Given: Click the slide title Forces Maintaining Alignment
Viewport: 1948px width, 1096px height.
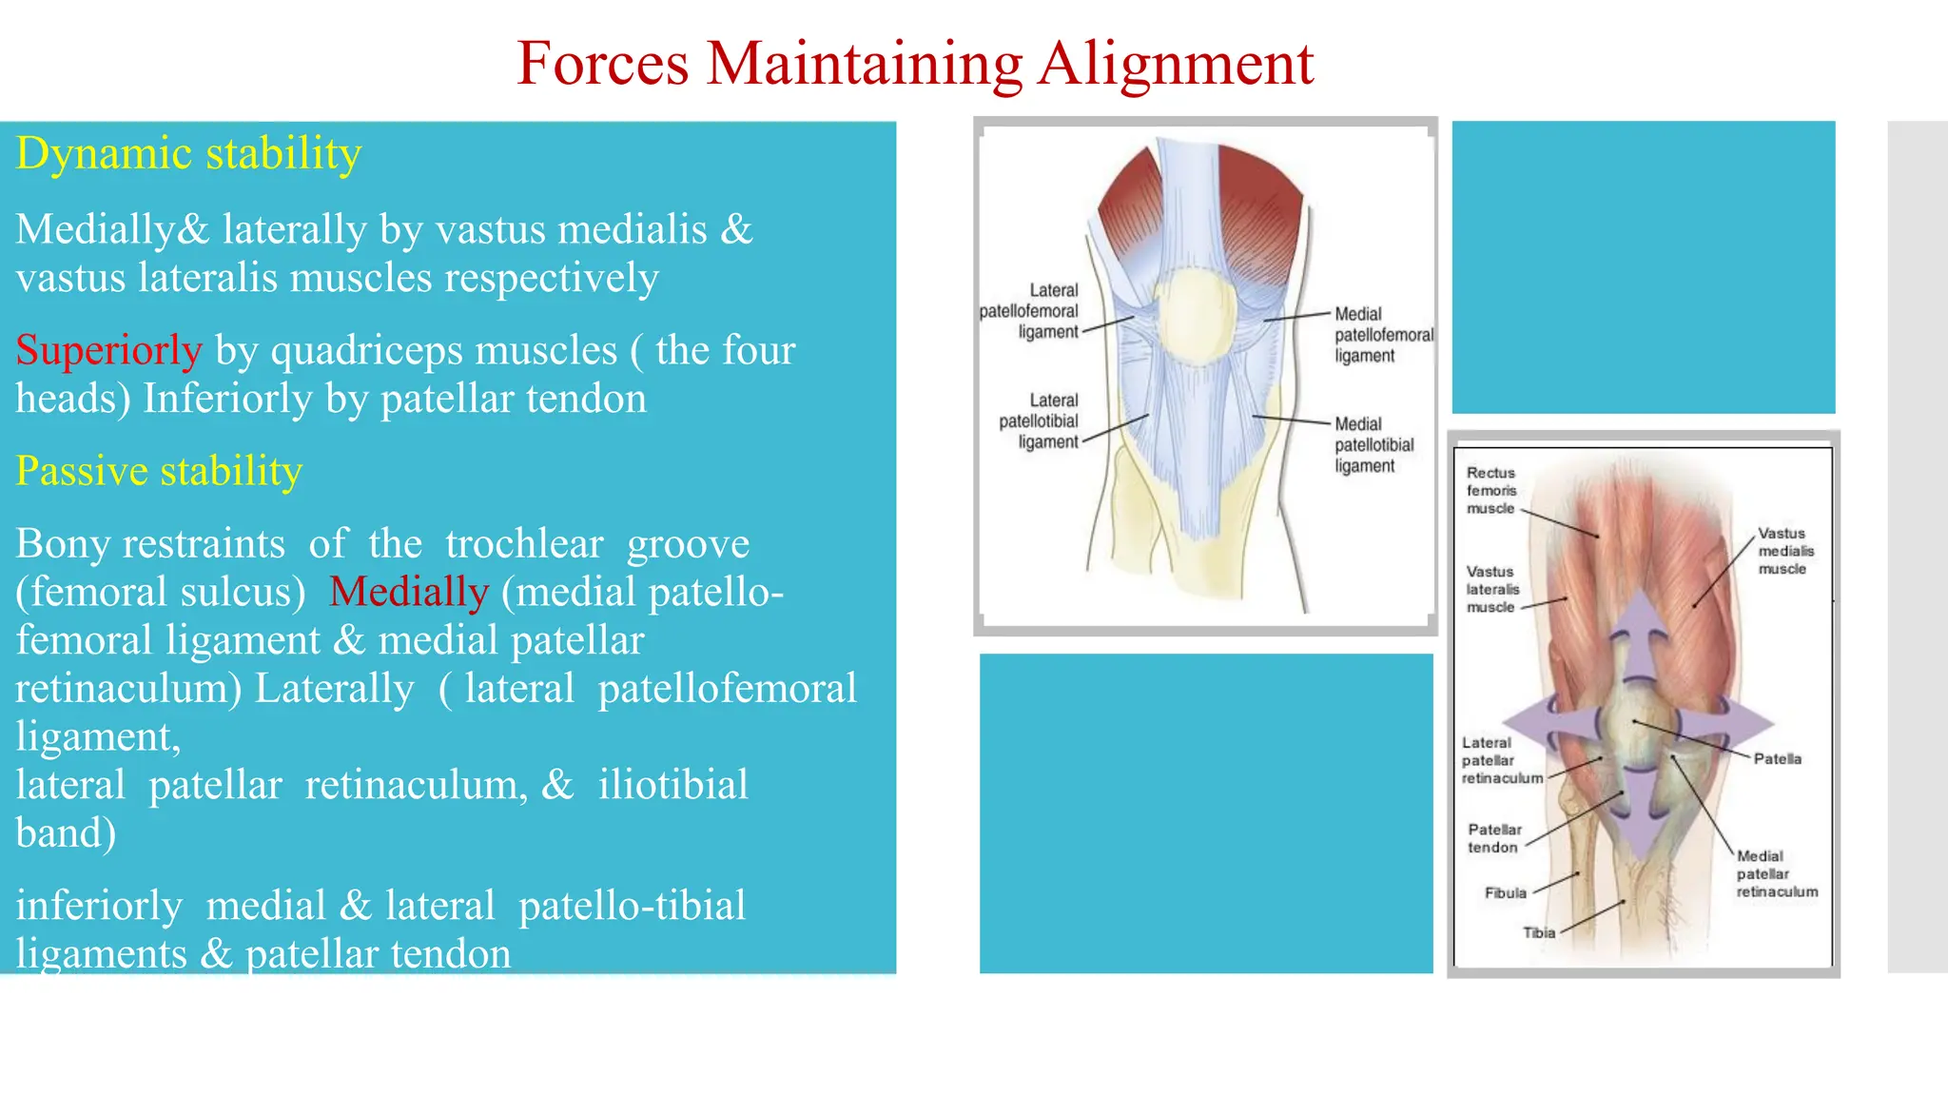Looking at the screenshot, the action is (x=914, y=64).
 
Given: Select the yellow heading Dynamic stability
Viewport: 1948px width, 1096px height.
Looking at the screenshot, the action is (x=188, y=153).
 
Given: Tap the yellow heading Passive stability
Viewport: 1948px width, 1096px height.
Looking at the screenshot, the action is (x=159, y=471).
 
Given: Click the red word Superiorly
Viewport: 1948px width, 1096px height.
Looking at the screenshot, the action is (x=108, y=350).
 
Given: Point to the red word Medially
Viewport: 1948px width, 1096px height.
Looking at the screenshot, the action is (x=409, y=592).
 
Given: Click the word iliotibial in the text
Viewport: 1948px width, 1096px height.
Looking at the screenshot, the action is (x=672, y=785).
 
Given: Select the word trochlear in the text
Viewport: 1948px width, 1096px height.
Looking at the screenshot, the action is (x=524, y=543).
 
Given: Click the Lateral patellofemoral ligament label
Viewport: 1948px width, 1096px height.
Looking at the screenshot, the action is (x=1030, y=311).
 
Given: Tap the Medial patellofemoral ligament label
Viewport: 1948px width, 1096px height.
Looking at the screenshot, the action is (x=1382, y=335).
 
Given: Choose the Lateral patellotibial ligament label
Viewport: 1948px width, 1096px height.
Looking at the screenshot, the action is (x=1040, y=421).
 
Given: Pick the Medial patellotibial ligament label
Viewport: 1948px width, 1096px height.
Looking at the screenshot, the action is (x=1373, y=445).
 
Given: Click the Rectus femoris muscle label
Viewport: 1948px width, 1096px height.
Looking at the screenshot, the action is (x=1490, y=491).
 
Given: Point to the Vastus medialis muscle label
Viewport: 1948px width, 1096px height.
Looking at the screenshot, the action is (x=1785, y=551).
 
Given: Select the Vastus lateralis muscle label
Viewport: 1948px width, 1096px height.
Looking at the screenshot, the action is (x=1491, y=589).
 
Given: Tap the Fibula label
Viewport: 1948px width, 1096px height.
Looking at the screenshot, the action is (x=1505, y=892).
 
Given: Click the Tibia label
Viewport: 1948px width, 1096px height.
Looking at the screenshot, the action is (x=1538, y=932).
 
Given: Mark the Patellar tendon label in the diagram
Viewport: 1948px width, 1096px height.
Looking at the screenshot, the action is (x=1493, y=838).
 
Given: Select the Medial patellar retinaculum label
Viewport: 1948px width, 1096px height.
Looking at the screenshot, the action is (x=1776, y=873).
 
